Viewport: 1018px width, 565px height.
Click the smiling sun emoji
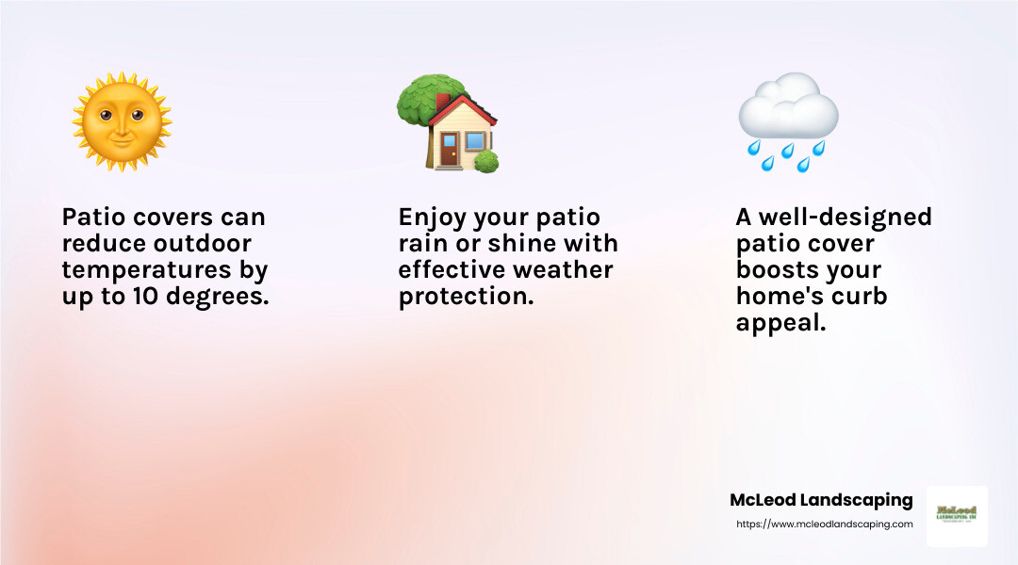(x=122, y=121)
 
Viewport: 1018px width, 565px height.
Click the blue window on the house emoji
(x=474, y=141)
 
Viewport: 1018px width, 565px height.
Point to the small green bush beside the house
(x=486, y=161)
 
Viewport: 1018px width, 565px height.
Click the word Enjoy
(x=432, y=218)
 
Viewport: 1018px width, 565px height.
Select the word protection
(x=466, y=297)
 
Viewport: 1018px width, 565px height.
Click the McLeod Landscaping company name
(x=821, y=500)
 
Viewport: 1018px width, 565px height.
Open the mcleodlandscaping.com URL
(x=824, y=525)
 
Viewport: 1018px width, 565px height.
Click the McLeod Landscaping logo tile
(x=957, y=516)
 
